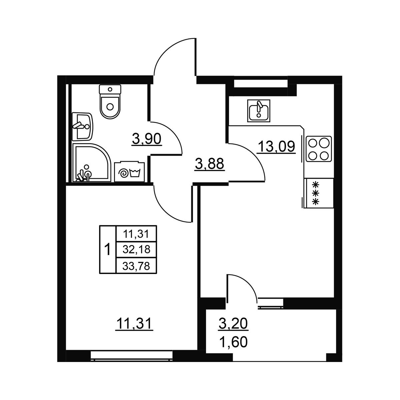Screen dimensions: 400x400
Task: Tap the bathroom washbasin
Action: [82, 126]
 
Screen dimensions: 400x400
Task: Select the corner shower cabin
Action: [91, 162]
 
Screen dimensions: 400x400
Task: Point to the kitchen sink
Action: [259, 110]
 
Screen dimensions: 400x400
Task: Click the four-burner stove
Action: [319, 149]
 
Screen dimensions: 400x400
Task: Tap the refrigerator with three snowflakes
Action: [318, 193]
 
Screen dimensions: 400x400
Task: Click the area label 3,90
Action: [147, 139]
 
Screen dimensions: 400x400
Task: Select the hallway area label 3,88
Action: [210, 164]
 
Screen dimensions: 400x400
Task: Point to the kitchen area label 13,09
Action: [276, 147]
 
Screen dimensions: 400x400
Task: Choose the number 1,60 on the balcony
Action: [234, 342]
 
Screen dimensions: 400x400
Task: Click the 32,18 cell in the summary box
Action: [136, 250]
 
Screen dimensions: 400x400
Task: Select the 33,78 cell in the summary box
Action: [136, 266]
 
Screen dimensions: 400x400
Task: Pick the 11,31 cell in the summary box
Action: [136, 234]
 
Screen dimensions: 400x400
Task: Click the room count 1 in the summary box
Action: [108, 250]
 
